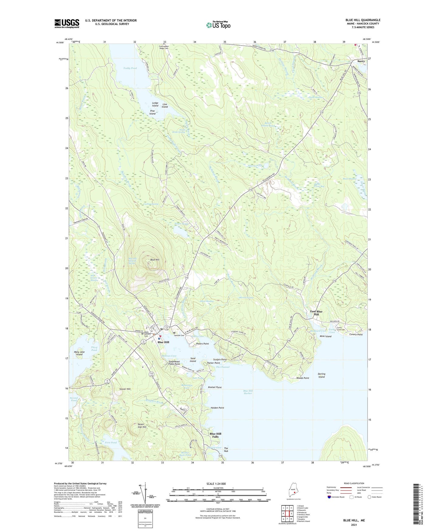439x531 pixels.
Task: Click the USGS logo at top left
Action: pyautogui.click(x=67, y=23)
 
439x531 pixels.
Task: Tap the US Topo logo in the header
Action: pyautogui.click(x=218, y=25)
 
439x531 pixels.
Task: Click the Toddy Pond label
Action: pyautogui.click(x=130, y=68)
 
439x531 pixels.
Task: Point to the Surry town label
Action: pyautogui.click(x=361, y=61)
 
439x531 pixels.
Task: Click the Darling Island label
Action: pyautogui.click(x=321, y=375)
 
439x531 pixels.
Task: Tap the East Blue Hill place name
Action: pyautogui.click(x=316, y=313)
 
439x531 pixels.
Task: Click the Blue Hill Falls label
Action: pyautogui.click(x=215, y=435)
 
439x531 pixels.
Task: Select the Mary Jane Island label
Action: pyautogui.click(x=79, y=353)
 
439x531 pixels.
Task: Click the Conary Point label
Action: pyautogui.click(x=356, y=335)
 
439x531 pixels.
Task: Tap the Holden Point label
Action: pyautogui.click(x=217, y=408)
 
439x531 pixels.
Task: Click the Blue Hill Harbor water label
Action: pyautogui.click(x=248, y=392)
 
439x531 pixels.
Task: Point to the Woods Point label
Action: pyautogui.click(x=303, y=378)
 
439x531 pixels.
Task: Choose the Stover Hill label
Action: pyautogui.click(x=125, y=389)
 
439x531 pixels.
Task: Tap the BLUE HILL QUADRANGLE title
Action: pyautogui.click(x=363, y=20)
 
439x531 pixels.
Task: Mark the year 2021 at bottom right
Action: pyautogui.click(x=354, y=525)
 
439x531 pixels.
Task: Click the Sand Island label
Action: pyautogui.click(x=193, y=360)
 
